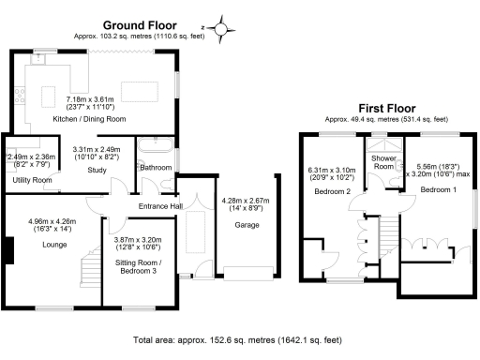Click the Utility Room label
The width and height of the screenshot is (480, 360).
coord(31,178)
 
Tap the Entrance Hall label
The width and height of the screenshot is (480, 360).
coord(161,206)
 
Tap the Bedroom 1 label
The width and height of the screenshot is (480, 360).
coord(438,189)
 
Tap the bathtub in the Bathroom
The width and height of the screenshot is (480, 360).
coord(154,146)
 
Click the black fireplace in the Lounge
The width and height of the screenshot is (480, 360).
coord(9,250)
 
